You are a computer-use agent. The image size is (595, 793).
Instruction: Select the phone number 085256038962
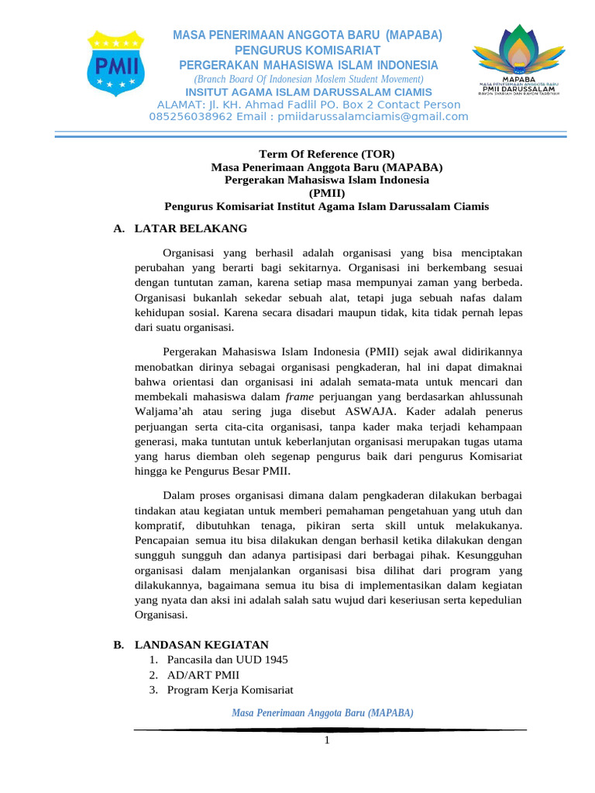tap(190, 117)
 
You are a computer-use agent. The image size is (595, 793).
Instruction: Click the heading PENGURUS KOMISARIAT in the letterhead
tap(308, 50)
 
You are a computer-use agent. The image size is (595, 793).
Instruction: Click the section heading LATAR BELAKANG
tap(191, 228)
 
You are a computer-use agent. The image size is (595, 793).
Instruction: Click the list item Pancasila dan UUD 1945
tap(222, 660)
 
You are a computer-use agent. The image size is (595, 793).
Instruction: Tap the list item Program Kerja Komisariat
tap(230, 690)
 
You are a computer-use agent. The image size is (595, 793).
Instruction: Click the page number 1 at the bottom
tap(327, 741)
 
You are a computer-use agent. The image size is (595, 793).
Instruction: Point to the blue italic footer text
tap(322, 712)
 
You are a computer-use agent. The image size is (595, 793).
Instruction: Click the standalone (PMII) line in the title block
tap(326, 193)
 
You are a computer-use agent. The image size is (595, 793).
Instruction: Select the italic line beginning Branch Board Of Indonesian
tap(308, 79)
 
